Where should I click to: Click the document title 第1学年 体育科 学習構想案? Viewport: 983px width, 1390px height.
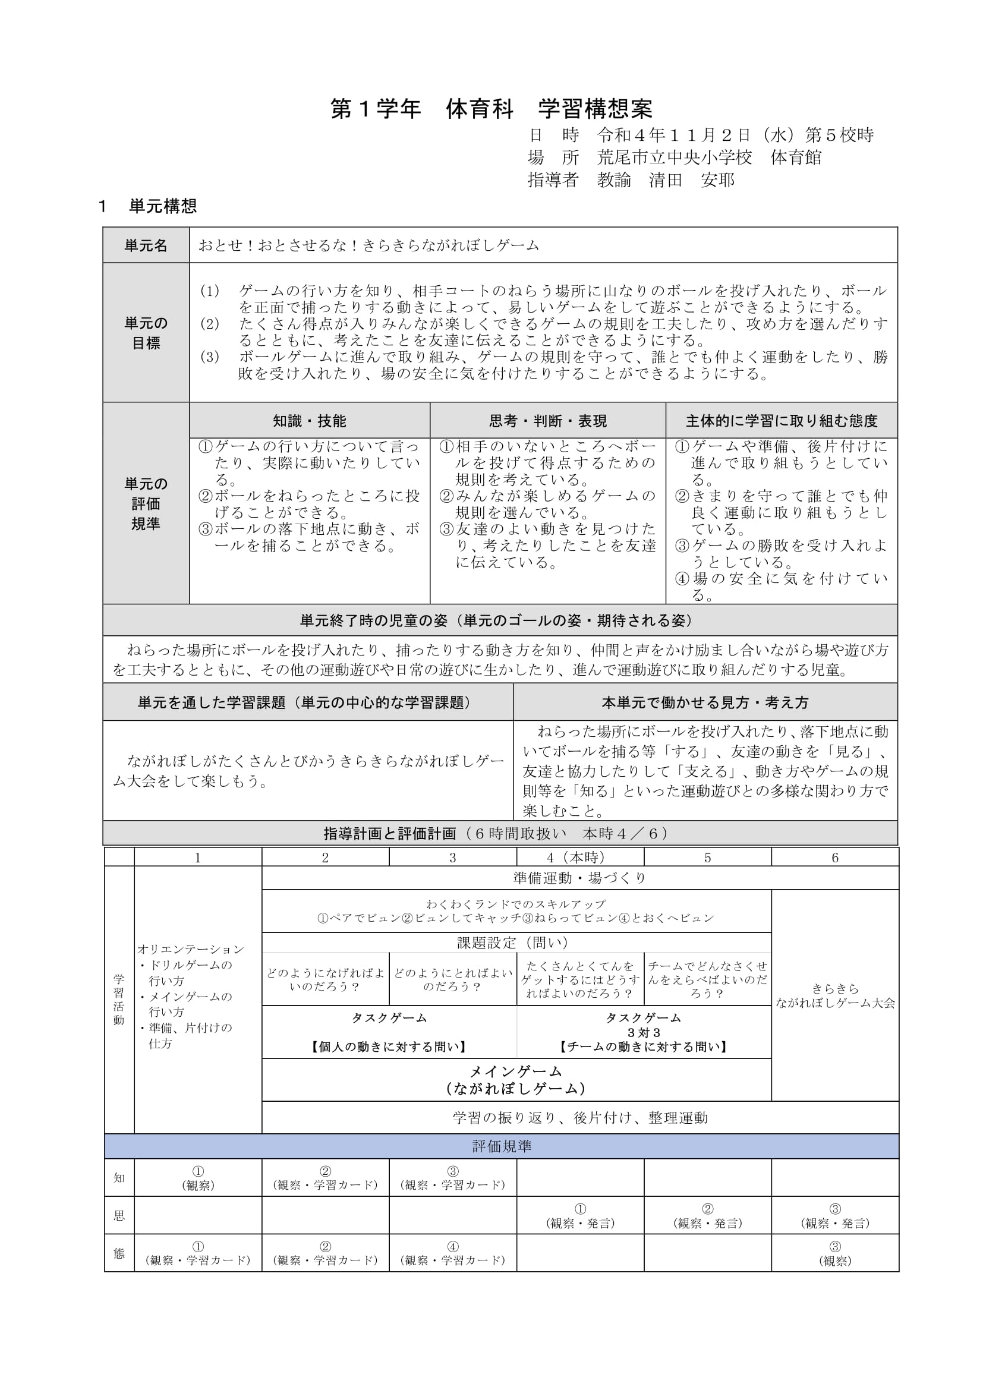coord(491,109)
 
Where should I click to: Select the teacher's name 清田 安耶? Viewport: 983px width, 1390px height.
coord(691,181)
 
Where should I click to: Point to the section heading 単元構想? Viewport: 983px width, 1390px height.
coord(162,206)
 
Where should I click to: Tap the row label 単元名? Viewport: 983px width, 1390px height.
coord(146,245)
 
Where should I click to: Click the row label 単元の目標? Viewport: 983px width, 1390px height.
coord(146,333)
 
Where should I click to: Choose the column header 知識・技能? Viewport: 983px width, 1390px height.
coord(309,421)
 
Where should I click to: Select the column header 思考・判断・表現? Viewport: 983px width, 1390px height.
coord(548,421)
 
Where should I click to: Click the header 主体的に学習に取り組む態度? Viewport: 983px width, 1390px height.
coord(781,421)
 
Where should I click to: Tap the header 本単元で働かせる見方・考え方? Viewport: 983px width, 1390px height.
coord(705,702)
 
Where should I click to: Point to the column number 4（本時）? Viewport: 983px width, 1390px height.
coord(579,858)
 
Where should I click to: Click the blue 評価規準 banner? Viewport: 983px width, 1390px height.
coord(501,1146)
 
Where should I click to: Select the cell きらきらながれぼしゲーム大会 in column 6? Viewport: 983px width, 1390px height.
coord(834,996)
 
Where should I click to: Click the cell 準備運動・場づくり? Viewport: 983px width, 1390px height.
coord(579,878)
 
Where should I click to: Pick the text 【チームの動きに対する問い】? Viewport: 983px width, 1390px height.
coord(644,1047)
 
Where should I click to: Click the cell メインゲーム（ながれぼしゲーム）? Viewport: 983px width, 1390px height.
coord(516,1080)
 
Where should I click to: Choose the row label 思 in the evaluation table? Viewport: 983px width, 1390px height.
coord(119,1215)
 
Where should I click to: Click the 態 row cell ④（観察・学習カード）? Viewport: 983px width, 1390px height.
coord(452,1253)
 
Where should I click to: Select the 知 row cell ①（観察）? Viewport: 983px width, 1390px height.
coord(198,1177)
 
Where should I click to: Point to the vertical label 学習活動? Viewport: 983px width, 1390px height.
coord(119,999)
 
